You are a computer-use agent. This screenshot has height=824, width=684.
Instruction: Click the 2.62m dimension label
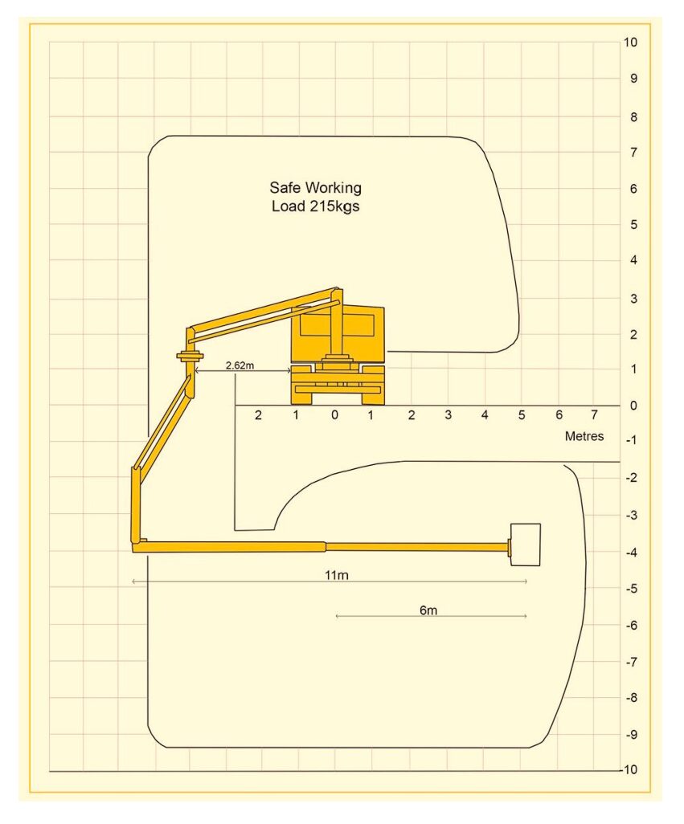(240, 365)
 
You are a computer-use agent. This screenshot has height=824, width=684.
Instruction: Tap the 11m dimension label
(337, 575)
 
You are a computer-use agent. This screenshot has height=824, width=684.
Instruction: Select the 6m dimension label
(428, 610)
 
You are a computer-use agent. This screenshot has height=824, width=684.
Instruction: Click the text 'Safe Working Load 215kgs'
(315, 197)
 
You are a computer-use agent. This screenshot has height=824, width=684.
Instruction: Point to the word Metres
(584, 435)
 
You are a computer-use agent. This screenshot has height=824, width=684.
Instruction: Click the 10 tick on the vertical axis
(630, 42)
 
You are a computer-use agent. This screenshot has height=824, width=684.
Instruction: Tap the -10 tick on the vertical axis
(629, 769)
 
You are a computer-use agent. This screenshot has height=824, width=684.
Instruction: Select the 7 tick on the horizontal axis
(594, 414)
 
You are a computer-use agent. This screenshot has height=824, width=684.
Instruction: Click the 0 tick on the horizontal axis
(334, 414)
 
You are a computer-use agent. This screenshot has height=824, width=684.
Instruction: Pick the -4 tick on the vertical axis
(632, 552)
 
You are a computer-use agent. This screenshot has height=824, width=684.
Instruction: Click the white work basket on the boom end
(525, 545)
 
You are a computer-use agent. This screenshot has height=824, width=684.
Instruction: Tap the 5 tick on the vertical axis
(633, 224)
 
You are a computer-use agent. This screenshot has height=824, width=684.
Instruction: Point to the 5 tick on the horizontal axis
(522, 414)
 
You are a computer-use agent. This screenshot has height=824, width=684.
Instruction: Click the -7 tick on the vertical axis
(632, 662)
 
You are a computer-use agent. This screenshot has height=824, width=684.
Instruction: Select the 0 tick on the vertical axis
(633, 405)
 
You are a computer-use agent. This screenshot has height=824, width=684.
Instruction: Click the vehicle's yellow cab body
(338, 334)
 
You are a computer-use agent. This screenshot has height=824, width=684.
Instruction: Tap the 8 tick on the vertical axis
(633, 116)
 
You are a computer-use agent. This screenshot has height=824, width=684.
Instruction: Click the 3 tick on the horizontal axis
(448, 414)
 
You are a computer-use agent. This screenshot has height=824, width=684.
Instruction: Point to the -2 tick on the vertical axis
(632, 477)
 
